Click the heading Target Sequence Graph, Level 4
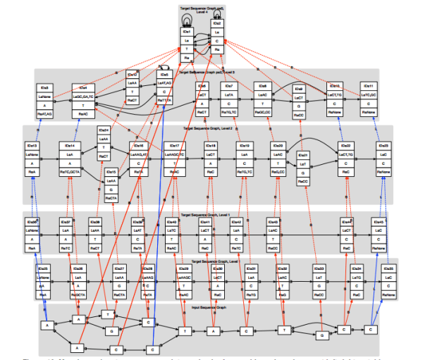point(202,10)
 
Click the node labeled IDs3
point(44,99)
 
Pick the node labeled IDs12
point(131,87)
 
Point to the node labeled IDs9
point(299,101)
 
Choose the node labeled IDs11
point(368,99)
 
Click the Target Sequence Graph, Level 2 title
point(207,129)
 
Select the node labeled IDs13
point(32,159)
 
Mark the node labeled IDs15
point(111,185)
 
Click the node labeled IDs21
point(303,168)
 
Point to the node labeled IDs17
point(173,159)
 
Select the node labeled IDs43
point(273,235)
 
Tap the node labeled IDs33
point(318,283)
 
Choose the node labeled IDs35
point(387,283)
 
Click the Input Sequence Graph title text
point(209,308)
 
